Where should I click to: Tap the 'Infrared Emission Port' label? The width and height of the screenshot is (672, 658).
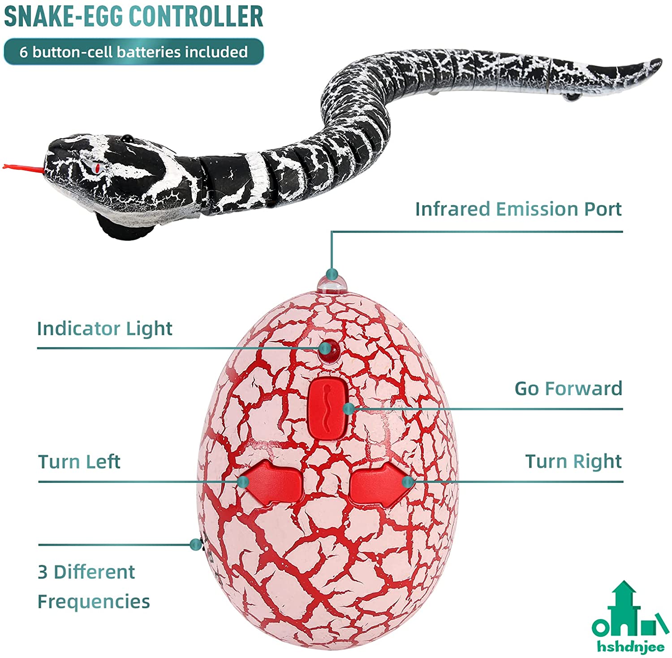coord(518,209)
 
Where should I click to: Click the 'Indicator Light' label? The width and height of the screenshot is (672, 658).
coord(104,329)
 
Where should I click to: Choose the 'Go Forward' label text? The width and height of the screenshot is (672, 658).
coord(568,389)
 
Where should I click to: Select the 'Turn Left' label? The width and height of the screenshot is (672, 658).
coord(79,462)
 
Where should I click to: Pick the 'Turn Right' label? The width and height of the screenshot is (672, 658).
coord(573,461)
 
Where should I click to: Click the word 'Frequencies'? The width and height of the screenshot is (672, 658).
coord(94,602)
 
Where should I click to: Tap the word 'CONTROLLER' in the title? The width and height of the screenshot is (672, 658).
coord(196,16)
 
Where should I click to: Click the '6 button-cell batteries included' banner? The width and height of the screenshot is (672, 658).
coord(134,52)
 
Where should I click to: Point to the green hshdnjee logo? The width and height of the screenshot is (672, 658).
coord(630,618)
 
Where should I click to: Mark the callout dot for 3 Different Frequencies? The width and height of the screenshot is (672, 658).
coord(195,545)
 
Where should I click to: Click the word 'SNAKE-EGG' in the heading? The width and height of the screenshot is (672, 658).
coord(63,16)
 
